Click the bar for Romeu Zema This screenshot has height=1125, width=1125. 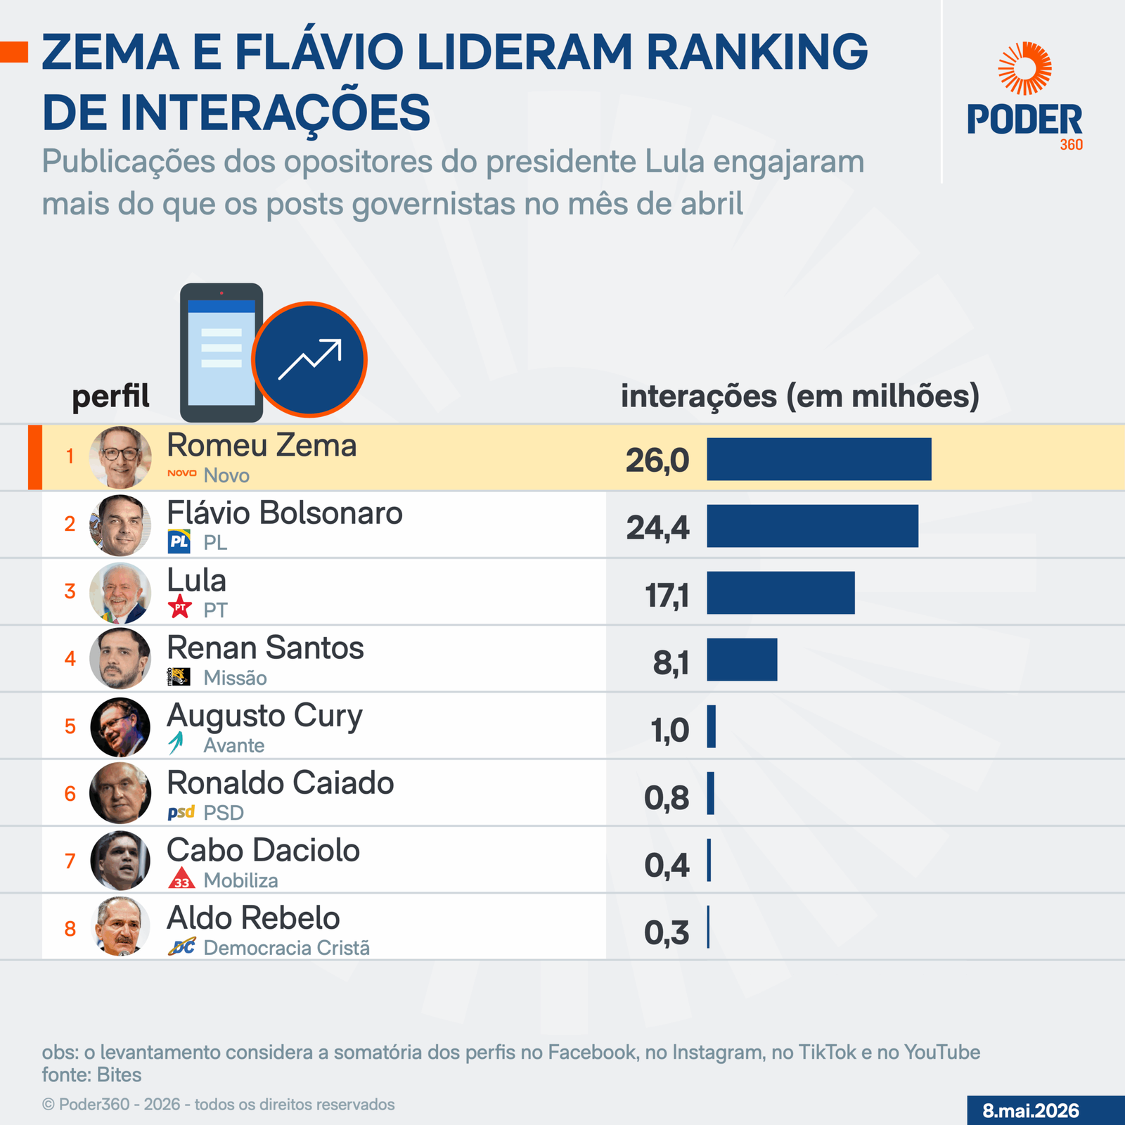tap(819, 459)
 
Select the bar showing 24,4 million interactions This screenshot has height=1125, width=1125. tap(812, 526)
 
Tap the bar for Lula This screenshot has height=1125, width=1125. tap(780, 593)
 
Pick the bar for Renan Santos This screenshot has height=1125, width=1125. tap(742, 660)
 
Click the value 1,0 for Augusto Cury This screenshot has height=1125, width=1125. tap(670, 731)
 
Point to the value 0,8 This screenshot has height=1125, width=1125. tap(667, 798)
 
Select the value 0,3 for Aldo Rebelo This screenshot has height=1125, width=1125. tap(667, 933)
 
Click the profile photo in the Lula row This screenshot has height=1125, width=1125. tap(120, 593)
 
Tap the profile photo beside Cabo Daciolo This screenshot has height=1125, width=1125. tap(120, 861)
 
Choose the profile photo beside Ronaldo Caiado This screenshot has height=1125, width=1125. tap(120, 793)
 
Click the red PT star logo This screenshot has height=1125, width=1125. tap(180, 607)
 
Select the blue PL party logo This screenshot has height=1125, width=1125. tap(179, 541)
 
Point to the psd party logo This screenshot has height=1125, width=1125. tap(181, 813)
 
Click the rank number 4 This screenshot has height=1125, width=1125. tap(70, 659)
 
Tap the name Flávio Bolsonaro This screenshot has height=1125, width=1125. tap(285, 513)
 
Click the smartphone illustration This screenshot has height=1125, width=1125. tap(221, 352)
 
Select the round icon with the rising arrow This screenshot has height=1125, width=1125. tap(309, 359)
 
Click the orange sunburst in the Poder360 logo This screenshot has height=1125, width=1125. tap(1025, 68)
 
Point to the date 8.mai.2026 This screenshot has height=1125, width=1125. tap(1031, 1111)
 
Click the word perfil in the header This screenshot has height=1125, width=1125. tap(110, 397)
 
